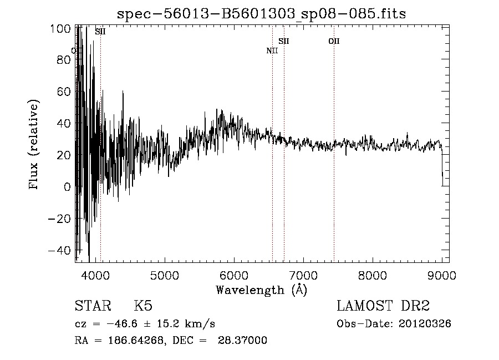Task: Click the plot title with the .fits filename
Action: pos(261,14)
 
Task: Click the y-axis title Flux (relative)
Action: pos(34,145)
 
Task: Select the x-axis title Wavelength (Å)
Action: pos(261,290)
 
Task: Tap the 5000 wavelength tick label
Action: pos(164,275)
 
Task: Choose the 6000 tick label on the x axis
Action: pos(233,275)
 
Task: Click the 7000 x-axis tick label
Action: pos(303,275)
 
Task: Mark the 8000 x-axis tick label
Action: pos(373,275)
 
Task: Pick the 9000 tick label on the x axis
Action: pos(442,275)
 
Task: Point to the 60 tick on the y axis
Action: pos(65,92)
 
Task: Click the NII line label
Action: pos(272,51)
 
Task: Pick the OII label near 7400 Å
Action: pos(334,41)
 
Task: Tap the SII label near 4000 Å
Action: pos(100,32)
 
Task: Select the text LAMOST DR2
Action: pos(383,306)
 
